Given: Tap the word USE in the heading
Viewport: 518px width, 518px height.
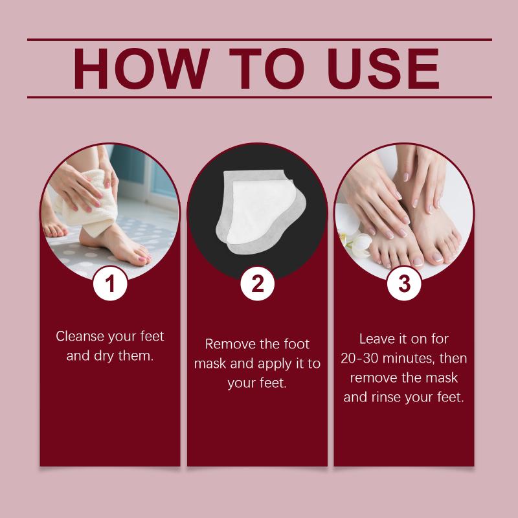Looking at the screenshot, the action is point(383,69).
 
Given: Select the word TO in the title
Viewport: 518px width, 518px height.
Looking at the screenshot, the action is point(267,69).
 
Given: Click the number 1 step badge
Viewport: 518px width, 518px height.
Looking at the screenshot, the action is point(110,284).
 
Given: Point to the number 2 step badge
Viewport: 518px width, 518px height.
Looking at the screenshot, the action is point(257,284).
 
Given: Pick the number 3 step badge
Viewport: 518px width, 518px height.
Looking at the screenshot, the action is point(404,284).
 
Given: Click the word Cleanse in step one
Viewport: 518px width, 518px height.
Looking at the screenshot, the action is point(80,336).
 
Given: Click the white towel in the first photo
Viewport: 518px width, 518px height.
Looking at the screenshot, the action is point(87,203).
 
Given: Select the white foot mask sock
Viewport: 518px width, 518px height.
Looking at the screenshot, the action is point(261,212).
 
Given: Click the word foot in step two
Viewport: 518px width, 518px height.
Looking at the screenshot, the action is point(297,344).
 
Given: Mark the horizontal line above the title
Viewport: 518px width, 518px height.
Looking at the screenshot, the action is point(260,39).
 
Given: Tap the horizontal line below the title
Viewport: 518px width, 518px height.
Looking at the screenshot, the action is point(260,98).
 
